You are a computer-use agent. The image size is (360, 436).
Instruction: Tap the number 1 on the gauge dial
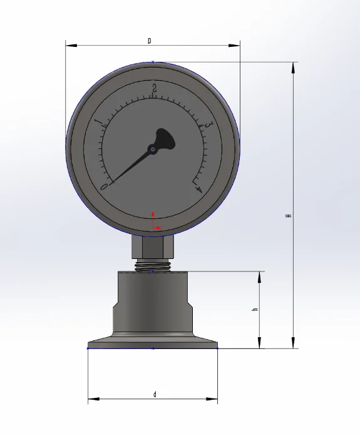97,121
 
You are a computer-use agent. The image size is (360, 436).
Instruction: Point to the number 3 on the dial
208,126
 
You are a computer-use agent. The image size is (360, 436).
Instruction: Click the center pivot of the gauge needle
152,149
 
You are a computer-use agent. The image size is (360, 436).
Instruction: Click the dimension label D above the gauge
149,41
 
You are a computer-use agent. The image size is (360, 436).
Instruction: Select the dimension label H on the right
288,216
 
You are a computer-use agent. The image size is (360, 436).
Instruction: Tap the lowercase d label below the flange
155,394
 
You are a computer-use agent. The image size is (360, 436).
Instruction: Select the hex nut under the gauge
153,246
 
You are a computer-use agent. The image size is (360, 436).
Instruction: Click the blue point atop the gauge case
153,61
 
